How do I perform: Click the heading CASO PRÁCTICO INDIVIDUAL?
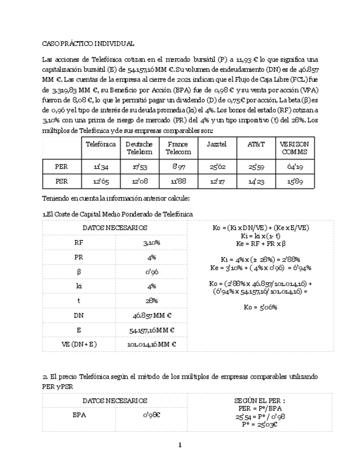click(88, 43)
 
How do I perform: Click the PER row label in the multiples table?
click(62, 166)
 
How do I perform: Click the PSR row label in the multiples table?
click(62, 181)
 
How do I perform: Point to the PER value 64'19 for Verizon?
click(295, 166)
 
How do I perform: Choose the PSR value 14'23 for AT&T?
click(256, 181)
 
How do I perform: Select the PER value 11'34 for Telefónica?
click(101, 166)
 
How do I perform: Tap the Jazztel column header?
click(217, 144)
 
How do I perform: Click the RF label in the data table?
click(79, 242)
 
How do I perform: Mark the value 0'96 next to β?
click(151, 271)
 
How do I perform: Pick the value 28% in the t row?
click(151, 301)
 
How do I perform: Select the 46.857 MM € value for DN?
click(151, 315)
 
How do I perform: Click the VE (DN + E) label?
click(79, 345)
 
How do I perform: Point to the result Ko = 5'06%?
click(261, 307)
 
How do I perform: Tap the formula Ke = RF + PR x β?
click(261, 242)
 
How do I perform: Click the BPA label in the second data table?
click(79, 415)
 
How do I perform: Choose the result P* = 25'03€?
click(261, 424)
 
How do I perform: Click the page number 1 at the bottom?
click(180, 445)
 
